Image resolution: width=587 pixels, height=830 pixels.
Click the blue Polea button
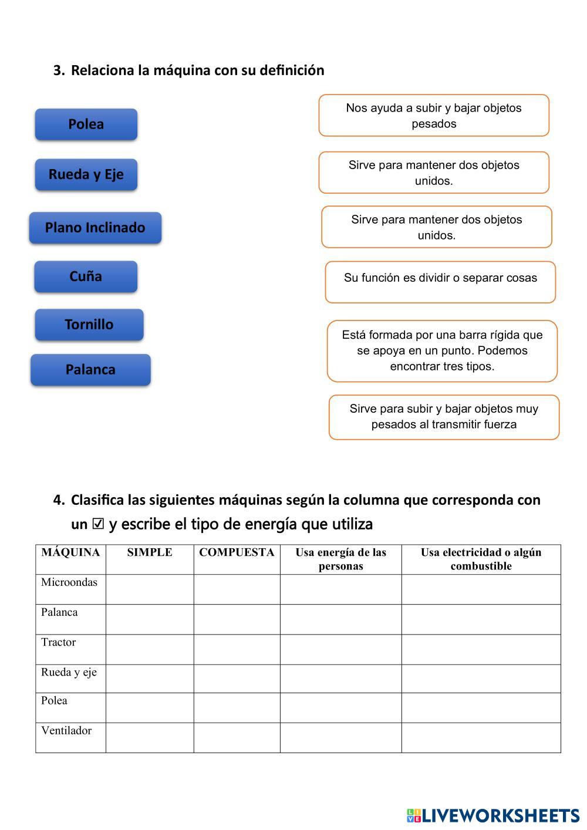86,124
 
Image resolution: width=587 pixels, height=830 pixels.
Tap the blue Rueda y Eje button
86,174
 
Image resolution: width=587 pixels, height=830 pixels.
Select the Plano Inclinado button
95,228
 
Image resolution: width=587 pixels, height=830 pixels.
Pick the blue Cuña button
86,276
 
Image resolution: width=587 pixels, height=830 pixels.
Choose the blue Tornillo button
89,325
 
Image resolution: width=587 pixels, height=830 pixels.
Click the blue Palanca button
90,370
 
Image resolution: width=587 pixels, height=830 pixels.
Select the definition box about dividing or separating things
440,282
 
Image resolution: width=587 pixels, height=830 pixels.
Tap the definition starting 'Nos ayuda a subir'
434,116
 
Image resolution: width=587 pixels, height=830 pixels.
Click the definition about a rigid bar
442,351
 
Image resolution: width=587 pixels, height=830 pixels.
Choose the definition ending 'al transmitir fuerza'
444,417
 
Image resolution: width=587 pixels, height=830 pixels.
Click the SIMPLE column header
150,552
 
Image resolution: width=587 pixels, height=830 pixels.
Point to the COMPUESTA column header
237,552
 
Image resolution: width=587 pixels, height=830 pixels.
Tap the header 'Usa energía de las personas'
340,559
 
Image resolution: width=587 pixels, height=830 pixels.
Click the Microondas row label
69,582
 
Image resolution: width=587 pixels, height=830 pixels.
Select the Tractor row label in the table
59,642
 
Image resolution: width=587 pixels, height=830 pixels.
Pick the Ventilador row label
66,731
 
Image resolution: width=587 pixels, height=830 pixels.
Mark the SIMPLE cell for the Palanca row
150,619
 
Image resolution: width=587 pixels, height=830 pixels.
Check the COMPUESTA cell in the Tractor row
237,649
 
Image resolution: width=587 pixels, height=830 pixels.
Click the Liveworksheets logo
493,815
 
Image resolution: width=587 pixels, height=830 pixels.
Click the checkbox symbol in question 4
98,524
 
